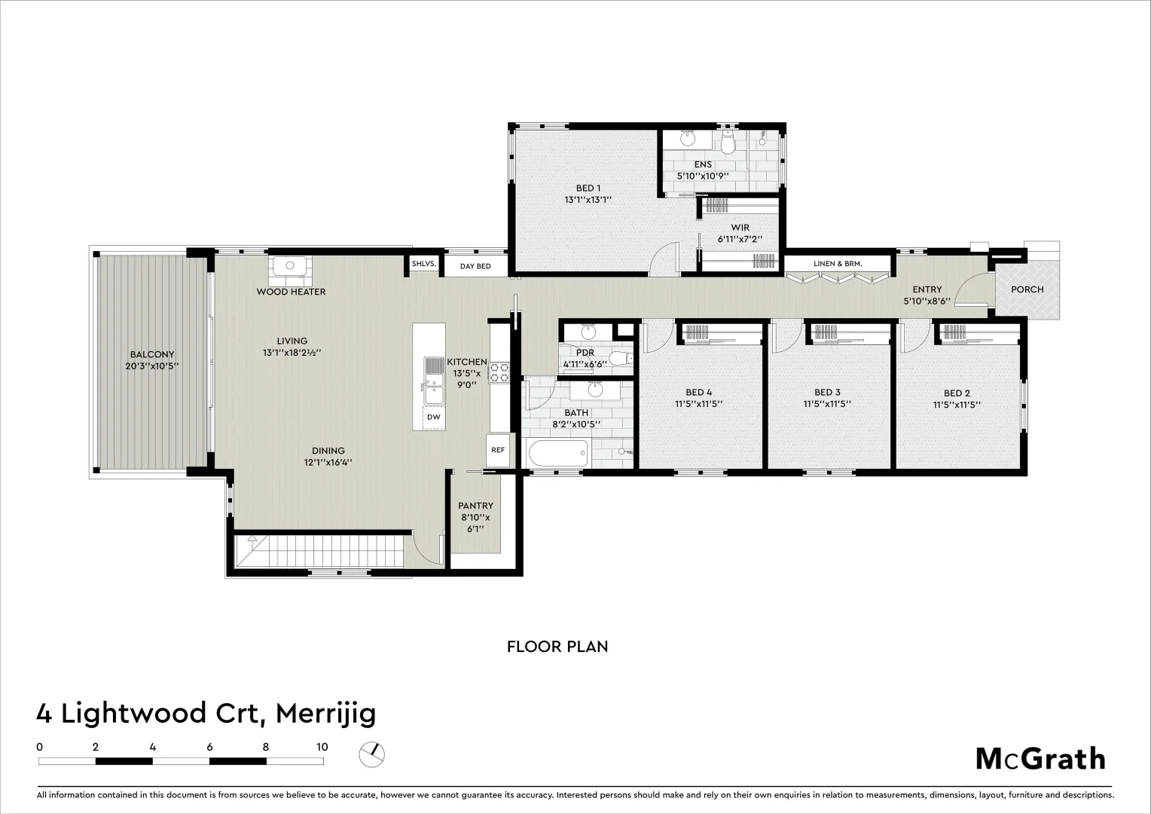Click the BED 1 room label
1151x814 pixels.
click(588, 188)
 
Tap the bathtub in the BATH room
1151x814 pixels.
click(557, 453)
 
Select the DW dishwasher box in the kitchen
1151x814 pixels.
click(434, 417)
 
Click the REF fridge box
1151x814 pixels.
click(498, 451)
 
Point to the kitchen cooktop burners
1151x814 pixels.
click(499, 373)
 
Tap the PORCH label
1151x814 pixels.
click(1027, 289)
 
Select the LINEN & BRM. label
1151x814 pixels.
click(838, 264)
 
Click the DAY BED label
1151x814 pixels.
click(475, 266)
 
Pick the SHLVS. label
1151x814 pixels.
click(424, 264)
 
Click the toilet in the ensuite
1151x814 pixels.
click(728, 142)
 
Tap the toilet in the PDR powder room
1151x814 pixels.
click(621, 358)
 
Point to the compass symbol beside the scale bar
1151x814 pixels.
click(371, 755)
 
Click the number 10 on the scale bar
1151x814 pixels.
click(322, 747)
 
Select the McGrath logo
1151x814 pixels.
click(1040, 759)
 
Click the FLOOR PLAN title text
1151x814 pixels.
click(557, 647)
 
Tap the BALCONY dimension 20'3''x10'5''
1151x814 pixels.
click(151, 366)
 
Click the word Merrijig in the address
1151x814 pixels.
click(325, 714)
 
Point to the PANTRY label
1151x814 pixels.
click(476, 506)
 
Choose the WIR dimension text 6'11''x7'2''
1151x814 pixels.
click(740, 239)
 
